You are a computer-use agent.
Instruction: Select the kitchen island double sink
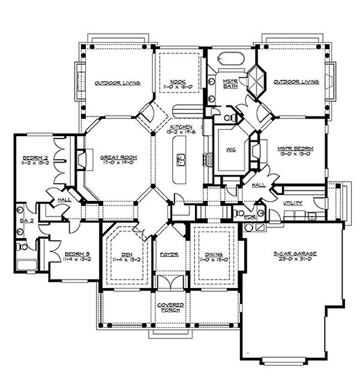180,160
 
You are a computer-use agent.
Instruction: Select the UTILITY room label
294,203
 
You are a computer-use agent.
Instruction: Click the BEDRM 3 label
77,254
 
